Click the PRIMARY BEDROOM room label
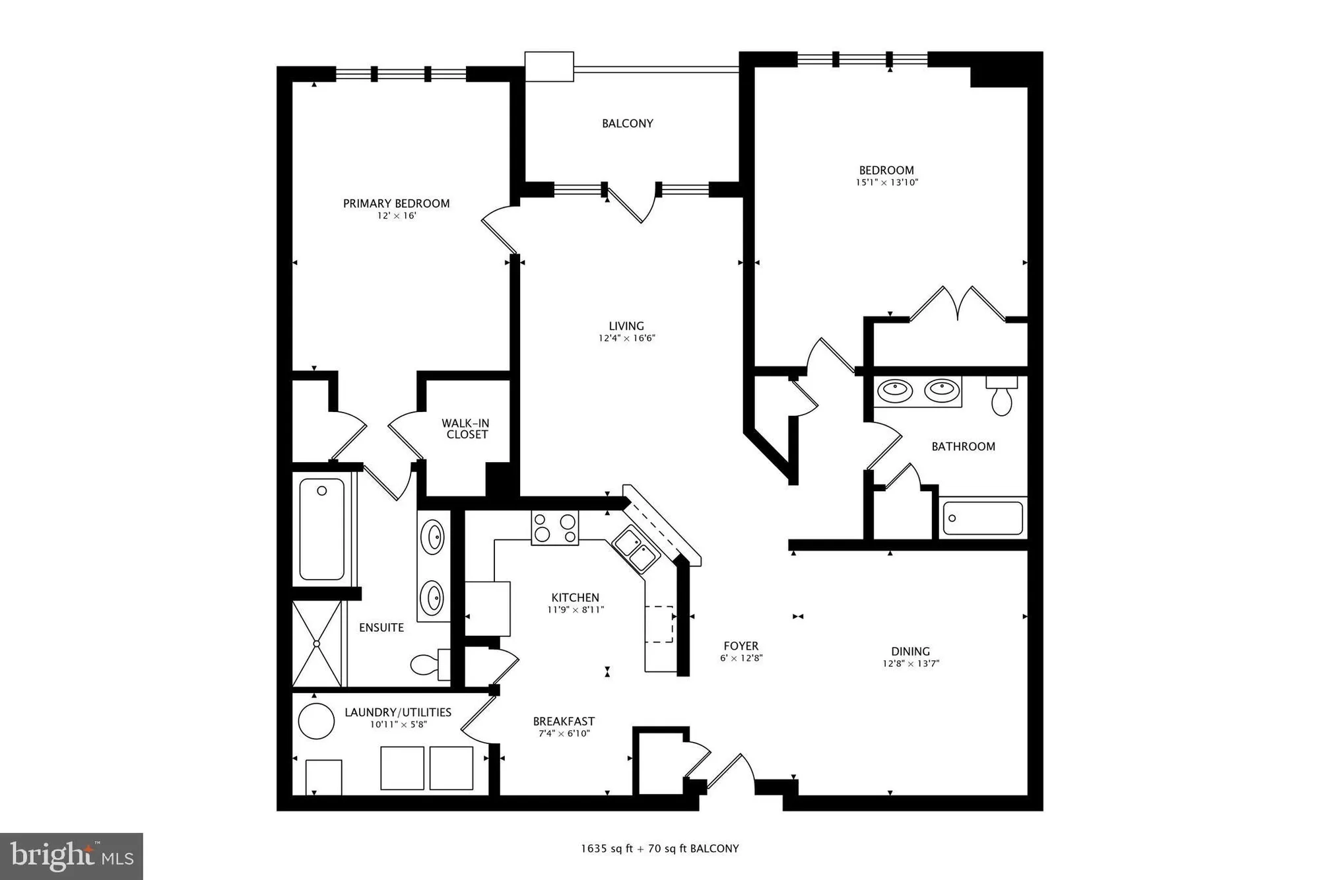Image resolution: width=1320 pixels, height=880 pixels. coord(396,203)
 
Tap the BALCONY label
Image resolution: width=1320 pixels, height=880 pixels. coord(627,123)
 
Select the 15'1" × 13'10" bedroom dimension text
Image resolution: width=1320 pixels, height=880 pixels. coord(886,182)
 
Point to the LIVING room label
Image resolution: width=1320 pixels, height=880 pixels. coord(626,325)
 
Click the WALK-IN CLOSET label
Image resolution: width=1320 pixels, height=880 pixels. coord(466,428)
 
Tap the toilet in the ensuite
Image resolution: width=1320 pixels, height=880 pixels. coord(426,664)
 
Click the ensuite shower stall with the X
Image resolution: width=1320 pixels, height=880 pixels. coord(317,644)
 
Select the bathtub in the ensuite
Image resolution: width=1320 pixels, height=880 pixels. coord(322,529)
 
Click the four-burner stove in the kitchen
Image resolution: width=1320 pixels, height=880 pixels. coord(554,527)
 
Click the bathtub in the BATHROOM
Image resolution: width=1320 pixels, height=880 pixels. coord(982,518)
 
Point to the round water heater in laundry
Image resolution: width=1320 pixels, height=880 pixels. coord(316,720)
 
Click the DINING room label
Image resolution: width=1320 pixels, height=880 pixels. coord(910,651)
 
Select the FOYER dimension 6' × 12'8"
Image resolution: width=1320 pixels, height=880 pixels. coord(741,658)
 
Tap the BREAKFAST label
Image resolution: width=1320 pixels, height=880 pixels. coord(564,722)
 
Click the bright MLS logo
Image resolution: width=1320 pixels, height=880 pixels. coord(72,856)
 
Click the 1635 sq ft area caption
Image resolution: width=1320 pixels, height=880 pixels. coord(659,848)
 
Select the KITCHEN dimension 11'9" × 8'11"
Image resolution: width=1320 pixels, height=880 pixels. coord(576,610)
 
